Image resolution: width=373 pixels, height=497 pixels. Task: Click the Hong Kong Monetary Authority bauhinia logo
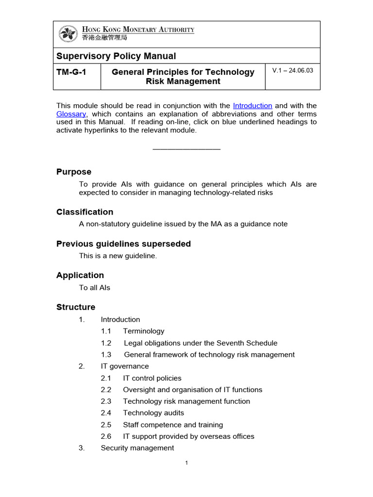click(x=68, y=34)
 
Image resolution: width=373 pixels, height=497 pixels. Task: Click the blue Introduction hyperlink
click(x=253, y=106)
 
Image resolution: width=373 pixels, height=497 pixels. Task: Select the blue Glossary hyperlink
click(x=71, y=114)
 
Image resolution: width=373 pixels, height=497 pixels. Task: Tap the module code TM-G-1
click(x=71, y=72)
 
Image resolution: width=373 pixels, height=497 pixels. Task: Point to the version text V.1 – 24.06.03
click(x=292, y=70)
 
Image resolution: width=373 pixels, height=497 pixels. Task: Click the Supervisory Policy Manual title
click(x=116, y=56)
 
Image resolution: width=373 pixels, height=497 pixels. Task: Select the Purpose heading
click(x=74, y=172)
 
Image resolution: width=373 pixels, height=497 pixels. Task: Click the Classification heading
click(x=85, y=212)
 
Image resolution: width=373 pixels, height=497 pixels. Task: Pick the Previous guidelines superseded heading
click(x=123, y=244)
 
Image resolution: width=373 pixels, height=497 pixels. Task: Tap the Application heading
click(x=80, y=275)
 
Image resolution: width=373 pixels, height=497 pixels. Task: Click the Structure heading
click(x=76, y=307)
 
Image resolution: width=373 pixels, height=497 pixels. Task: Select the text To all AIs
click(x=95, y=288)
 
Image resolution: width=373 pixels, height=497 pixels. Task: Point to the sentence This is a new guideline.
click(x=118, y=256)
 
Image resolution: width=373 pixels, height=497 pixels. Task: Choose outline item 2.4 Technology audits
click(x=153, y=413)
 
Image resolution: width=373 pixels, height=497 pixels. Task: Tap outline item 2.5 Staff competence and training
click(x=172, y=425)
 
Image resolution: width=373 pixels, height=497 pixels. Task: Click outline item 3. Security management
click(x=137, y=448)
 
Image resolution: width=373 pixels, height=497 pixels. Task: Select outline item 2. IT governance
click(x=124, y=366)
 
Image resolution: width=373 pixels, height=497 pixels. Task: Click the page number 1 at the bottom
click(x=186, y=463)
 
